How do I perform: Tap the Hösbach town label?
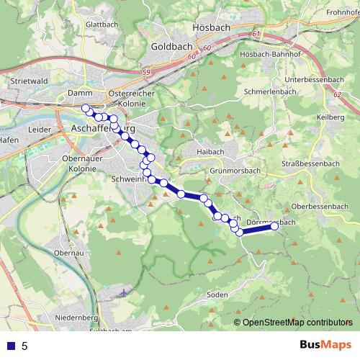point(210,27)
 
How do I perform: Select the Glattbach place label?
point(101,24)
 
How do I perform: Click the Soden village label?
point(217,294)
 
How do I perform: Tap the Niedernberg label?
point(76,317)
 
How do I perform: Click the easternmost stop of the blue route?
point(274,226)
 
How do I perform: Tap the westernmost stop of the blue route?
point(86,108)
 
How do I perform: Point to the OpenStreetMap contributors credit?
point(297,322)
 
